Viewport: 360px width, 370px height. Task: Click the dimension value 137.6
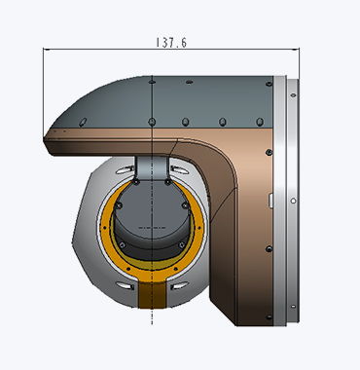click(171, 43)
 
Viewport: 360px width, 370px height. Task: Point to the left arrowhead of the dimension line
click(46, 50)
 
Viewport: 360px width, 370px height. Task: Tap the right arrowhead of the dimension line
click(296, 50)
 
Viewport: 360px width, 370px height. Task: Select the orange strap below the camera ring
click(152, 295)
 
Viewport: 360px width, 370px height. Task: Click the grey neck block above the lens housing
click(152, 168)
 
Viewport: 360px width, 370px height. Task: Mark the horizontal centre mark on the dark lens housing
click(152, 228)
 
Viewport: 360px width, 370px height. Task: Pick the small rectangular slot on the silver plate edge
click(270, 201)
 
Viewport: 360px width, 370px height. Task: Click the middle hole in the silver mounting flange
click(293, 201)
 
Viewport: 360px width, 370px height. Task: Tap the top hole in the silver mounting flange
click(293, 95)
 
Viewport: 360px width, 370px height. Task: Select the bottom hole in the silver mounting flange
click(293, 306)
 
